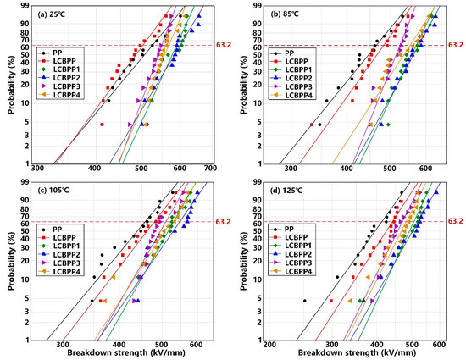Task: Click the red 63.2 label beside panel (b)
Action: coord(456,45)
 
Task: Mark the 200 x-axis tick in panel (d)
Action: coord(270,346)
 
